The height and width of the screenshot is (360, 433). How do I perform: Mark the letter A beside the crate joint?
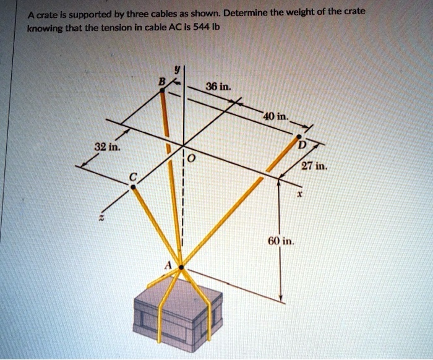(166, 262)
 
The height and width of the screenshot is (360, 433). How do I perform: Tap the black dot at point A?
(180, 268)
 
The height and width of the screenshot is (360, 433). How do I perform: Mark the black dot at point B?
(163, 90)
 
